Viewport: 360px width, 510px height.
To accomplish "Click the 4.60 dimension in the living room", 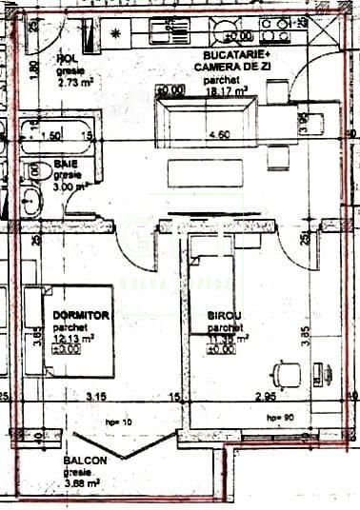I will (218, 136).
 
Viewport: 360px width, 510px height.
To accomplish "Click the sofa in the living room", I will (206, 117).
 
